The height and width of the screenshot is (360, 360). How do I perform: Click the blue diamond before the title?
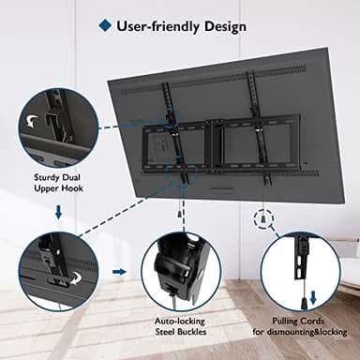point(104,26)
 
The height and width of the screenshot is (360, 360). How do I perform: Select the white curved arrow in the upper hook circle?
point(35,120)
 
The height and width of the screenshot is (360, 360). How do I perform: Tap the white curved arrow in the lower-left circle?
point(64,277)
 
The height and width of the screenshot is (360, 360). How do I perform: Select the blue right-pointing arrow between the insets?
point(120,272)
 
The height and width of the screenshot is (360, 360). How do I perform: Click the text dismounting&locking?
point(300,332)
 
